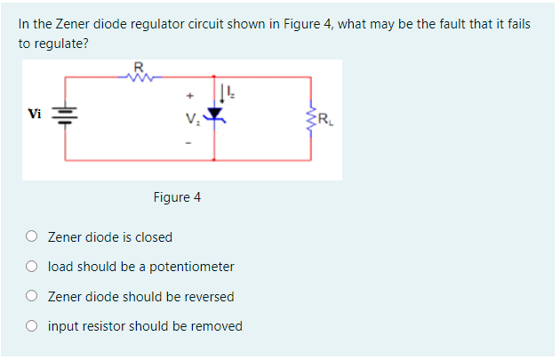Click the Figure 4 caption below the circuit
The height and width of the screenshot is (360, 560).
[x=177, y=196]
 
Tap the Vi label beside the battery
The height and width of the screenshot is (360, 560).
[x=35, y=114]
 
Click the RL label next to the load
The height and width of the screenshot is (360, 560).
[x=325, y=115]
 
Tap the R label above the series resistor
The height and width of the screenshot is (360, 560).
[x=138, y=65]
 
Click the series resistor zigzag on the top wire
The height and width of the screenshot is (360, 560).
[x=138, y=76]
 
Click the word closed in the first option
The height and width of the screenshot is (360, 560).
[x=153, y=237]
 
